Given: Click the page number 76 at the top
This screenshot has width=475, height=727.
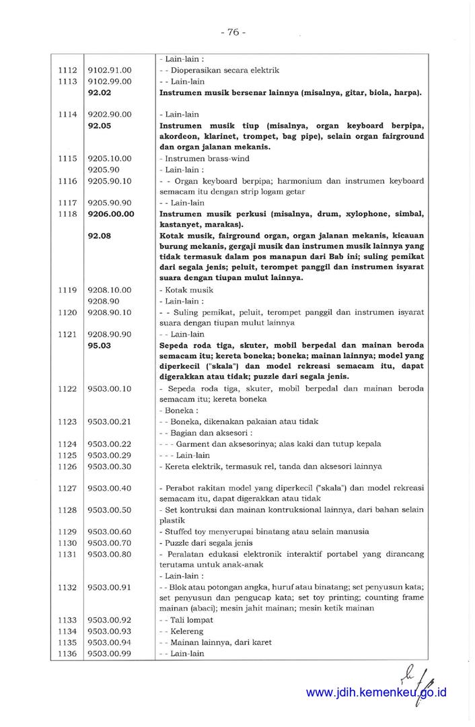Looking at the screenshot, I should [233, 32].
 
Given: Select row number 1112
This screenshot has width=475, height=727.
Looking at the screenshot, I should [67, 70].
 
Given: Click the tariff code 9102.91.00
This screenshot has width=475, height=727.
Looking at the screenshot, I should [110, 70].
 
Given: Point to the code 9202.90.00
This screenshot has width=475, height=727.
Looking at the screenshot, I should [110, 114].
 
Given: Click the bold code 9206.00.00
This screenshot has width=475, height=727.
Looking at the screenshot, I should [111, 213].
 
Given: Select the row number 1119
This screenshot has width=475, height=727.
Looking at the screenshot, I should [67, 290].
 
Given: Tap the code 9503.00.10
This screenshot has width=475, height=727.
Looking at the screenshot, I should [110, 389].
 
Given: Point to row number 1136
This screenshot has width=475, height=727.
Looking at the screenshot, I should [67, 653].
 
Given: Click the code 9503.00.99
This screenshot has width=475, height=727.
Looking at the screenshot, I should [110, 653].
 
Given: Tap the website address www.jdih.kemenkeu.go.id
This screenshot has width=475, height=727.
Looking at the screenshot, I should [376, 693].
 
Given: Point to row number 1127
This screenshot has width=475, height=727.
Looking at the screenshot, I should [67, 488].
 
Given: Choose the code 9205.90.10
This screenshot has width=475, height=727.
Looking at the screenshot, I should [110, 180].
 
